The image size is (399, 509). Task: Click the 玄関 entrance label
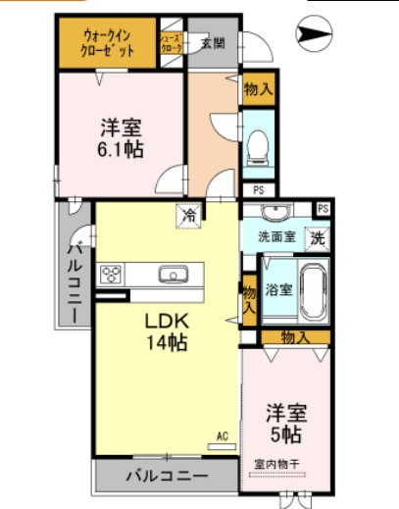[213, 42]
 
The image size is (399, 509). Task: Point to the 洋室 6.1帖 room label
[122, 136]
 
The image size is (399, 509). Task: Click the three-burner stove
[109, 273]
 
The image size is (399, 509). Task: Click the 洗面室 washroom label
[276, 236]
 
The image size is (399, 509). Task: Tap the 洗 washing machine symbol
[317, 236]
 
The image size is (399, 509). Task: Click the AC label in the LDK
[223, 435]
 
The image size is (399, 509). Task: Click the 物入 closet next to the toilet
[259, 89]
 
